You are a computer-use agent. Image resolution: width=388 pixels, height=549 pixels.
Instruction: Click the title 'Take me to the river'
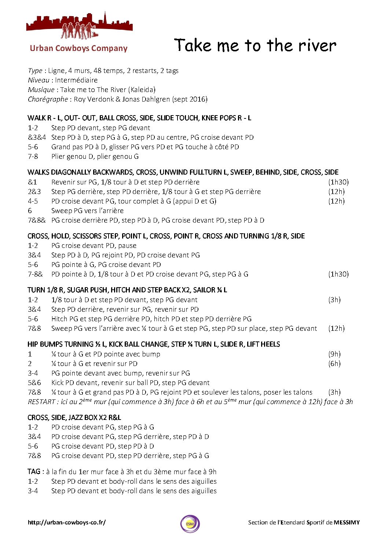[x=255, y=45]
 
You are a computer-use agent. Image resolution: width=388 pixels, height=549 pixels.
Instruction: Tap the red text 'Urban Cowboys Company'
[x=78, y=48]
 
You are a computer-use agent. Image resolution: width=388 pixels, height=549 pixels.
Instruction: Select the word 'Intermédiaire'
[x=76, y=80]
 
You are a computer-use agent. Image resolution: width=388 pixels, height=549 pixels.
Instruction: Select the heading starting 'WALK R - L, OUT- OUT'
[x=139, y=118]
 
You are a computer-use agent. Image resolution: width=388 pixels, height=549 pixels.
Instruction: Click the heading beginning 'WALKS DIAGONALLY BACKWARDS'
[x=183, y=172]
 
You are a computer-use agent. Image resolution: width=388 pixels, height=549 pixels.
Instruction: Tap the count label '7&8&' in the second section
[x=37, y=220]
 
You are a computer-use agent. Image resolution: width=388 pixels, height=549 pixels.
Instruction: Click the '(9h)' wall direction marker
[x=334, y=354]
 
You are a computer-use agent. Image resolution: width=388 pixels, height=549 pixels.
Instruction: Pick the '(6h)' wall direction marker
[x=334, y=363]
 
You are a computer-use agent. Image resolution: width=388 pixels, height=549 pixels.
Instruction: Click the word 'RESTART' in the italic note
[x=41, y=402]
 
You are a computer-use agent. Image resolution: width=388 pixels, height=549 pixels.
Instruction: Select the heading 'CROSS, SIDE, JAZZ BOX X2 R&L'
[x=74, y=417]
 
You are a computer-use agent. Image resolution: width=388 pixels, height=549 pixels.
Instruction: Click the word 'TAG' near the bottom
[x=34, y=472]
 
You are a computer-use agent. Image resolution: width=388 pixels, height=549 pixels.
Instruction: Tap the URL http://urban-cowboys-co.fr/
[x=66, y=522]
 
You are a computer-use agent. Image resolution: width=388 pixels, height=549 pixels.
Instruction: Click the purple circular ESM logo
[x=190, y=524]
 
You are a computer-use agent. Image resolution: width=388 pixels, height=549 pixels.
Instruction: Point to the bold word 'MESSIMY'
[x=347, y=522]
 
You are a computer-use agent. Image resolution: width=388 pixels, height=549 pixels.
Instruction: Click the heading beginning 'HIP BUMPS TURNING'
[x=153, y=344]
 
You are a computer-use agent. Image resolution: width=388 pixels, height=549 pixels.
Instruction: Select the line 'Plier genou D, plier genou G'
[x=95, y=156]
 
